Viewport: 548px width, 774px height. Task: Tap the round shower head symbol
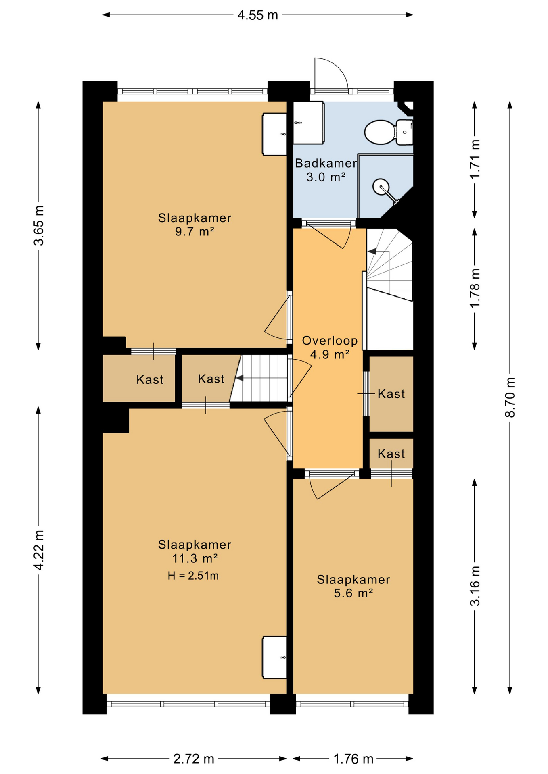381,187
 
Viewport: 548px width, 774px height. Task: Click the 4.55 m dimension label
258,15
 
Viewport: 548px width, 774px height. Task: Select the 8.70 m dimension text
510,397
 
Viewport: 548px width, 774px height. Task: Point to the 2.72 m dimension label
194,759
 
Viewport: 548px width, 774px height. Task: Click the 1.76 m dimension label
353,759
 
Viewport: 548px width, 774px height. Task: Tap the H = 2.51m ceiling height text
193,576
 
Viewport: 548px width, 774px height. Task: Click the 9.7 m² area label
195,232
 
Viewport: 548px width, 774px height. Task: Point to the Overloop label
330,341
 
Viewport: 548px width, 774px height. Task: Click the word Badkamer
326,163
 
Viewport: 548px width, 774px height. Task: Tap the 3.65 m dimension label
39,225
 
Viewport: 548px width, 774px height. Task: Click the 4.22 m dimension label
39,550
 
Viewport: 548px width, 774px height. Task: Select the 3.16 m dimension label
475,586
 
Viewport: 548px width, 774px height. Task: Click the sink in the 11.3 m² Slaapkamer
274,657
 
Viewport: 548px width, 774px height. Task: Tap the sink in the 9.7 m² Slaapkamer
274,134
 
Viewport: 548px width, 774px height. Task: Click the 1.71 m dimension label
475,159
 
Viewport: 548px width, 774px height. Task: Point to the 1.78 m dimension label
475,288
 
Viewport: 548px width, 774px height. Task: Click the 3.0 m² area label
326,177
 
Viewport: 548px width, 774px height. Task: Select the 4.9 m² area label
330,355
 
